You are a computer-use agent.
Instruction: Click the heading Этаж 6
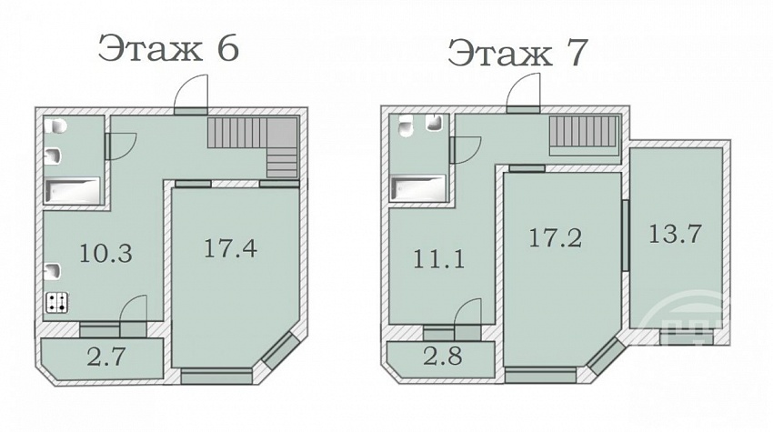[x=168, y=48]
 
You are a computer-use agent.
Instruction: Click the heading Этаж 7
[x=517, y=52]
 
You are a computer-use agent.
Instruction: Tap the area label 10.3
[x=105, y=254]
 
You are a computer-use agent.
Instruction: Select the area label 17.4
[x=230, y=248]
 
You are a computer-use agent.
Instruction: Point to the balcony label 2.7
[x=106, y=357]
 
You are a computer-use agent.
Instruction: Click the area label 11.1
[x=438, y=259]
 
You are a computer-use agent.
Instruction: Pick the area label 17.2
[x=555, y=237]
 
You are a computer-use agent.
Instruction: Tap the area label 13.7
[x=675, y=233]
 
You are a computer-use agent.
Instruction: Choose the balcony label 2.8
[x=443, y=356]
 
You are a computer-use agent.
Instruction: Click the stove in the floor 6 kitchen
[x=57, y=303]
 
